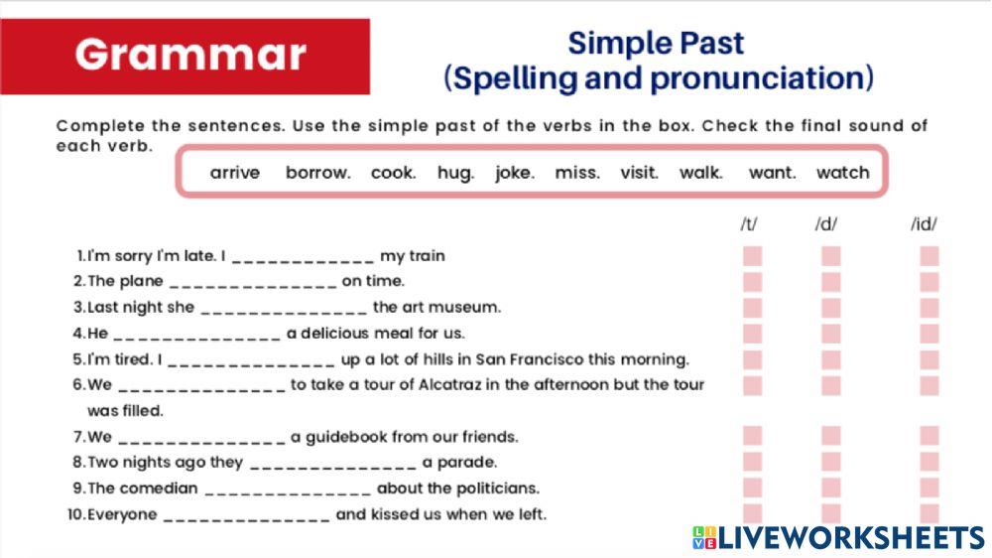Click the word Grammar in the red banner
pyautogui.click(x=190, y=55)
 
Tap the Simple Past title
pyautogui.click(x=655, y=44)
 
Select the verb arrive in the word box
pyautogui.click(x=235, y=173)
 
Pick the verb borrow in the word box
pyautogui.click(x=317, y=173)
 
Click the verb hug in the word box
pyautogui.click(x=455, y=173)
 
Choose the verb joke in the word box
pyautogui.click(x=515, y=173)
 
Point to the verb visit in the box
pyautogui.click(x=639, y=173)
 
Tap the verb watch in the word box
pyautogui.click(x=842, y=173)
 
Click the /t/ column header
pyautogui.click(x=749, y=224)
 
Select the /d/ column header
pyautogui.click(x=825, y=224)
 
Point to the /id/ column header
pyautogui.click(x=924, y=224)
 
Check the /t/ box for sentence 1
pyautogui.click(x=753, y=256)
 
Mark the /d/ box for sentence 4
pyautogui.click(x=831, y=334)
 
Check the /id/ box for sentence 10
pyautogui.click(x=930, y=513)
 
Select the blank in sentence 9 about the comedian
pyautogui.click(x=288, y=489)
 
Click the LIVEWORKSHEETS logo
pyautogui.click(x=838, y=538)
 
